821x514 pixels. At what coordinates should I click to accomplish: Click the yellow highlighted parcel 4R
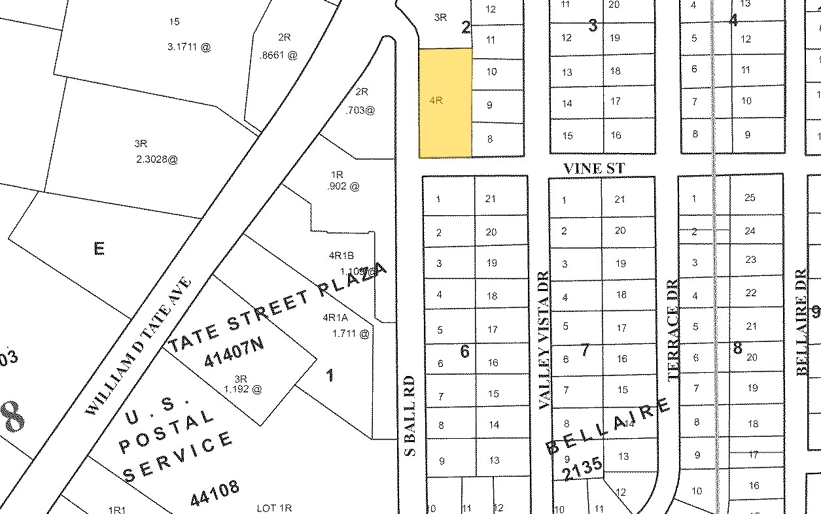click(x=445, y=103)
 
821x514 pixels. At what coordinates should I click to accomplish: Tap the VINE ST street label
click(x=594, y=169)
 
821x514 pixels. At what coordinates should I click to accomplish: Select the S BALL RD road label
click(x=409, y=415)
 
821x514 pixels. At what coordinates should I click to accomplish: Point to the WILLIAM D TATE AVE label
click(x=139, y=346)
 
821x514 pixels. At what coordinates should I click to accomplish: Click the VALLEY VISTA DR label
click(x=543, y=341)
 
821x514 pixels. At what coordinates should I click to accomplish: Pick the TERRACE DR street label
click(x=673, y=330)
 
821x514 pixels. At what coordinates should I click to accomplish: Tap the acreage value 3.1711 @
click(x=188, y=47)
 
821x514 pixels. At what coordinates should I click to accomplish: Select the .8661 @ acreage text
click(x=279, y=56)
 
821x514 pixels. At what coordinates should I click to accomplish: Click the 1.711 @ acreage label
click(x=351, y=334)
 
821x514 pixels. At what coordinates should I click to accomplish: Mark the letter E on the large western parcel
click(x=99, y=248)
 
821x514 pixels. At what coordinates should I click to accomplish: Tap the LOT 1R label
click(x=274, y=507)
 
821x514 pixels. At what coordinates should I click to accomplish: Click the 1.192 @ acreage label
click(x=243, y=389)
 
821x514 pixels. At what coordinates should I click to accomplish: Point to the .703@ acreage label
click(x=360, y=111)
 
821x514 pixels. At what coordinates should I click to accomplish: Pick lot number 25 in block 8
click(x=750, y=197)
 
